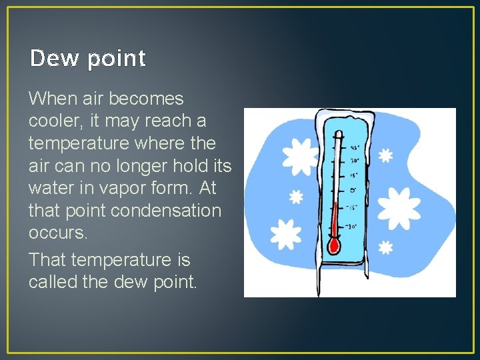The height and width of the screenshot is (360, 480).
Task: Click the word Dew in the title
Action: [x=51, y=59]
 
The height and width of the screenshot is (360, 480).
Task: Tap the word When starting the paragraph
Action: [x=53, y=99]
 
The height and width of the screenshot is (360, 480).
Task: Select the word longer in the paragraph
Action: [x=156, y=166]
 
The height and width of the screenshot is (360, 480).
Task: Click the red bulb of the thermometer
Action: [x=334, y=245]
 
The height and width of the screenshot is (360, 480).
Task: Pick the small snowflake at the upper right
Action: [x=385, y=155]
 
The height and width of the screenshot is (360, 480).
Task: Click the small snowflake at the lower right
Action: [x=385, y=247]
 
